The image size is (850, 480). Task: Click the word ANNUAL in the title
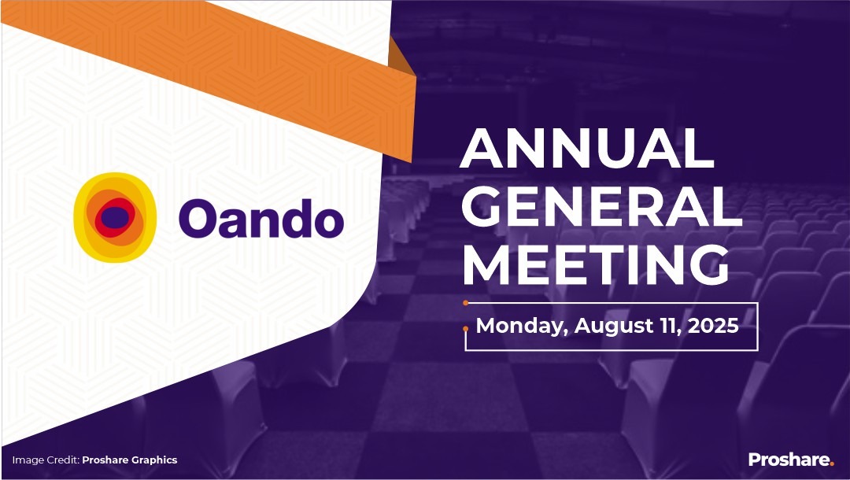click(x=586, y=147)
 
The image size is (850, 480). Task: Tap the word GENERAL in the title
click(x=601, y=206)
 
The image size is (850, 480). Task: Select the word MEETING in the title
click(x=595, y=265)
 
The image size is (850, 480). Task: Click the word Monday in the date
click(x=522, y=326)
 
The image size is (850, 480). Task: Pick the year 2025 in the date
click(x=712, y=325)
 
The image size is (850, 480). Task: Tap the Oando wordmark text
click(x=261, y=217)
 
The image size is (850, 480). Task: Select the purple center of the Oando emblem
click(x=115, y=218)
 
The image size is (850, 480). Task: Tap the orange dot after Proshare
click(x=831, y=464)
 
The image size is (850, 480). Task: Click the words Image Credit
click(x=45, y=460)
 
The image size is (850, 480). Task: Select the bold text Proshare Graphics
click(x=130, y=460)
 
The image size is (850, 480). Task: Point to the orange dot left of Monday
click(x=466, y=327)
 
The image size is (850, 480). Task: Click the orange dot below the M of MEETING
click(x=466, y=301)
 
